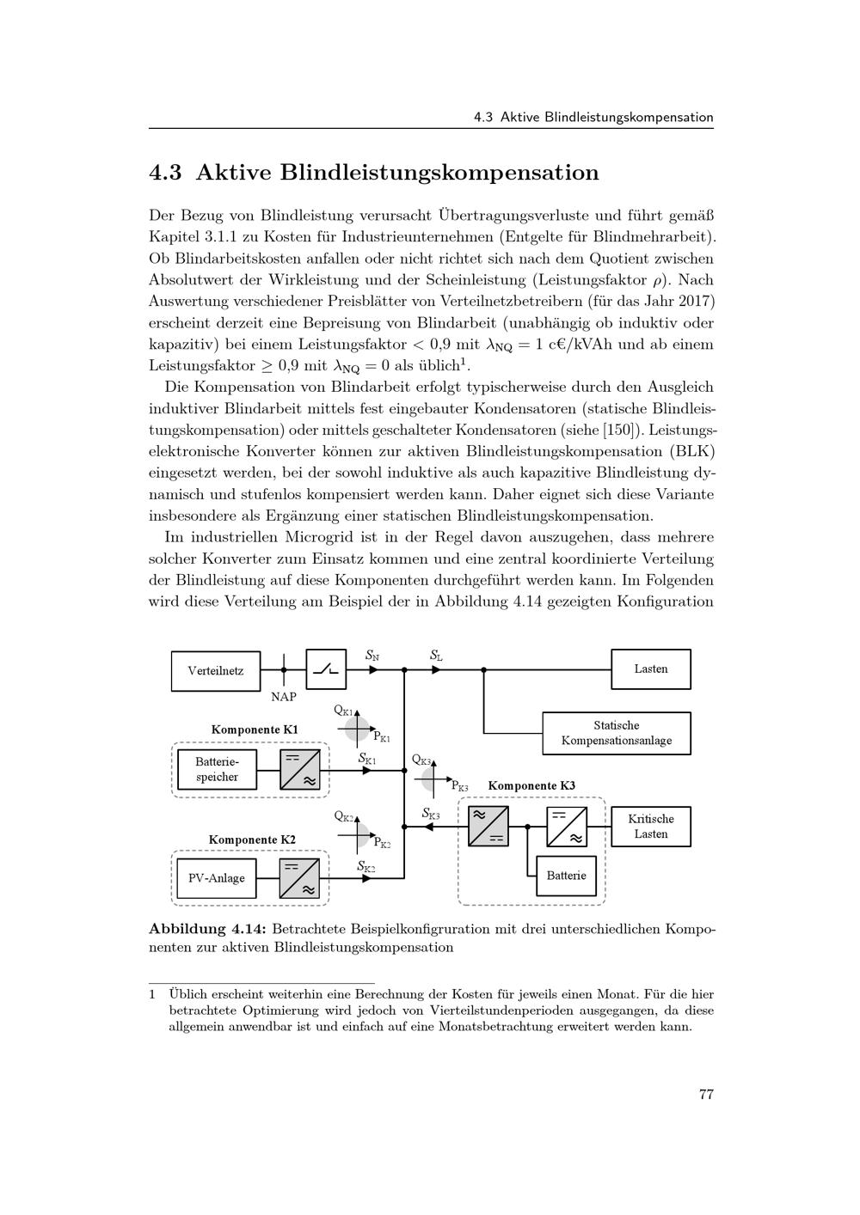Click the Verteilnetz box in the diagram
tap(216, 670)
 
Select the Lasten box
tap(650, 669)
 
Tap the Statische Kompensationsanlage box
tap(616, 733)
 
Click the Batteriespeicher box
tap(217, 769)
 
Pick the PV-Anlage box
tap(217, 877)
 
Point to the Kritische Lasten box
tap(650, 826)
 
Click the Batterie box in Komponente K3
tap(566, 876)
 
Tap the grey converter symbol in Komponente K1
tap(299, 769)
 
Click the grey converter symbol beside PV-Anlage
tap(299, 877)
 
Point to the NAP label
tap(283, 697)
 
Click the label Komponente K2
tap(252, 840)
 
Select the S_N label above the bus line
tap(372, 656)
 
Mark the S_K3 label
tap(431, 813)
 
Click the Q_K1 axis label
tap(343, 710)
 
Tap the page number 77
tap(706, 1094)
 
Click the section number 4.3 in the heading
tap(165, 173)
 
